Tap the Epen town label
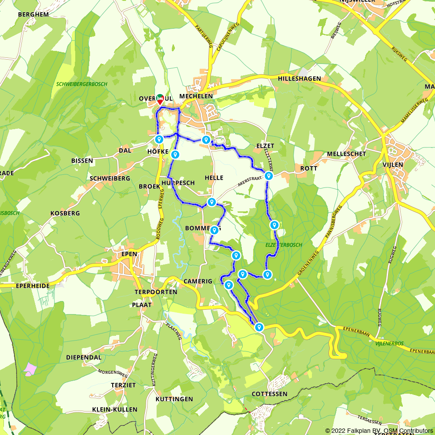(130, 254)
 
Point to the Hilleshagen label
(299, 79)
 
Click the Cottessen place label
(270, 394)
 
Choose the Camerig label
(198, 281)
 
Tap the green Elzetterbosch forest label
(284, 245)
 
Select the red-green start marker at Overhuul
(160, 98)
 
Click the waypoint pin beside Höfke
(159, 139)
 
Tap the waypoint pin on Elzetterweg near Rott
(269, 176)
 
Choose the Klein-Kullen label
(115, 409)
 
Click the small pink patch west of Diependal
(30, 369)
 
